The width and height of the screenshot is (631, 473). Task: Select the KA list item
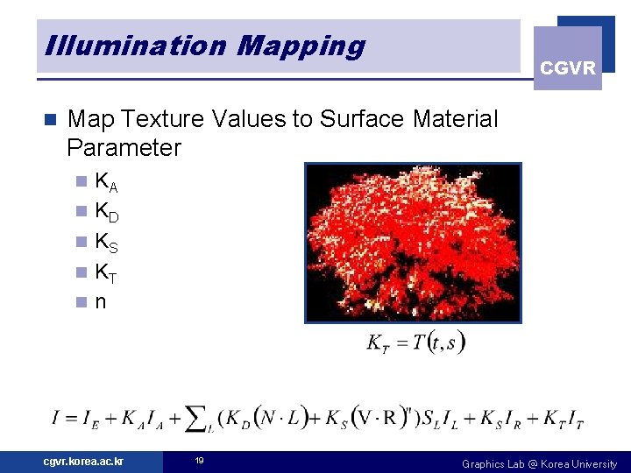106,183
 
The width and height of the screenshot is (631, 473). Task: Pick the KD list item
106,212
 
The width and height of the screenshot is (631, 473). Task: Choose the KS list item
106,242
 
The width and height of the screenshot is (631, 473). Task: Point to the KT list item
106,272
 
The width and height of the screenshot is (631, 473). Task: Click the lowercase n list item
100,301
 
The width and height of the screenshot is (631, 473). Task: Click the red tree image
413,243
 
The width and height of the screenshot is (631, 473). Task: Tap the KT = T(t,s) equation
415,342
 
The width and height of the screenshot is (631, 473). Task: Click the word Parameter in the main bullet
124,147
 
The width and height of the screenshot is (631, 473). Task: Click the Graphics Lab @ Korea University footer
539,463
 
